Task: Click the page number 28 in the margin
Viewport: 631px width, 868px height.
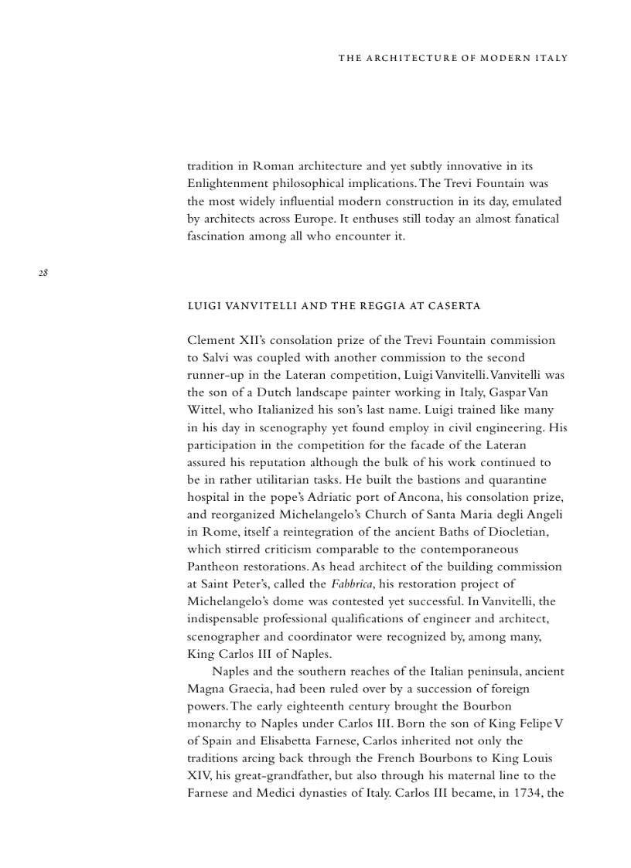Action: [x=43, y=272]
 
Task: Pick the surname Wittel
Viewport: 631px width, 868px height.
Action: [x=205, y=410]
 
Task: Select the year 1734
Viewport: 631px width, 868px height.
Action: [x=524, y=793]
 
